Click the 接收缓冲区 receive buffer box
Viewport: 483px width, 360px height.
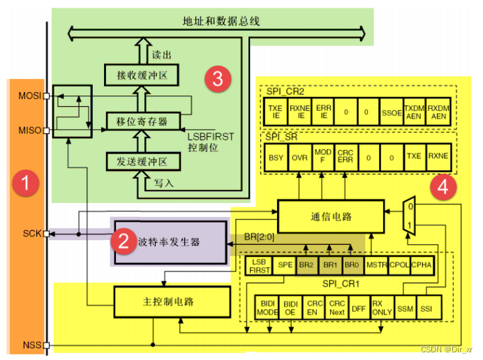click(142, 73)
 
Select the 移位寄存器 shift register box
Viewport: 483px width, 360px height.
click(142, 121)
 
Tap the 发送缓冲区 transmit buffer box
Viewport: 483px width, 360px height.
click(142, 162)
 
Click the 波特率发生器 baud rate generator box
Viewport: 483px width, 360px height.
click(171, 242)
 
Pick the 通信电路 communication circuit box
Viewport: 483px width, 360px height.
click(331, 217)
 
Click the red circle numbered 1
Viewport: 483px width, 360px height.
click(26, 186)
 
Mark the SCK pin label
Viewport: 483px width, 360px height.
click(30, 234)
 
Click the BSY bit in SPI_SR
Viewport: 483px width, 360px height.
click(276, 158)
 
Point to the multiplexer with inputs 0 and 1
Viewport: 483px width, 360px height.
click(410, 216)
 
